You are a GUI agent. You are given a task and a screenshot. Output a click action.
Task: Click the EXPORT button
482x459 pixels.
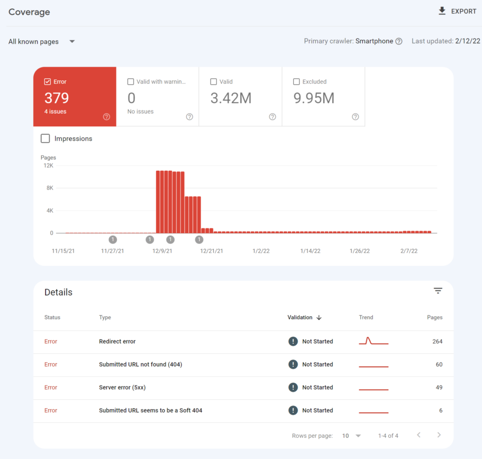coord(458,11)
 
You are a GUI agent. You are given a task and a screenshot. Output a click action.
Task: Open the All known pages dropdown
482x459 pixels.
coord(41,41)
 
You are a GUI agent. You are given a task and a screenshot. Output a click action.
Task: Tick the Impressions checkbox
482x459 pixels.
coord(46,139)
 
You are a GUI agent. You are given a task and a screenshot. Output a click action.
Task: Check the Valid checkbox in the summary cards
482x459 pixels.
coord(214,81)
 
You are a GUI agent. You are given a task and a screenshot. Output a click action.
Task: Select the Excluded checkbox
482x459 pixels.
coord(297,81)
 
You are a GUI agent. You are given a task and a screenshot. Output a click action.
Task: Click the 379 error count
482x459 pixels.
coord(57,98)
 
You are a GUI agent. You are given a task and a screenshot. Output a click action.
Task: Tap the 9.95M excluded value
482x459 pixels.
coord(314,98)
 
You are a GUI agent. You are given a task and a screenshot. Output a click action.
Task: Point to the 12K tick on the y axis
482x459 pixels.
coord(48,166)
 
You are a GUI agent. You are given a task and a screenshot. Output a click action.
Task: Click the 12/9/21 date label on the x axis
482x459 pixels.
coord(162,251)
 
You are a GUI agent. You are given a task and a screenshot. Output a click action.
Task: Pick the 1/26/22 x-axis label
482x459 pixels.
coord(359,251)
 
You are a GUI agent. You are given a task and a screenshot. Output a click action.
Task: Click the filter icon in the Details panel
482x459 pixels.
coord(438,291)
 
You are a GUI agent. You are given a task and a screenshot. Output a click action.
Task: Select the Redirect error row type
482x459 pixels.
coord(117,342)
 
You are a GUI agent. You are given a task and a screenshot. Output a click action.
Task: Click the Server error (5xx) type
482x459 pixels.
coord(122,388)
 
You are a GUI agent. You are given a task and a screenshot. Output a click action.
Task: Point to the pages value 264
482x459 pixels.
coord(437,342)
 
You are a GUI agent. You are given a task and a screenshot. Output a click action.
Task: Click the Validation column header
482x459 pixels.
coord(300,317)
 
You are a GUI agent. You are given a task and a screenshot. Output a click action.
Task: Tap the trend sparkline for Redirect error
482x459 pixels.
coord(374,342)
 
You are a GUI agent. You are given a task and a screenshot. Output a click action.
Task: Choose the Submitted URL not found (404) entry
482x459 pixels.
coord(140,364)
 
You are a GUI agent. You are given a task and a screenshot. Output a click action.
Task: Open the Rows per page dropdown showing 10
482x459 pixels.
coord(351,436)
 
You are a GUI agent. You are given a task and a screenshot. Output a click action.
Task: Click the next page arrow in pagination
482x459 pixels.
coord(439,435)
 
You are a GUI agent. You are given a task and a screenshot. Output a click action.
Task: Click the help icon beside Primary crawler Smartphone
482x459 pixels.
coord(399,41)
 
